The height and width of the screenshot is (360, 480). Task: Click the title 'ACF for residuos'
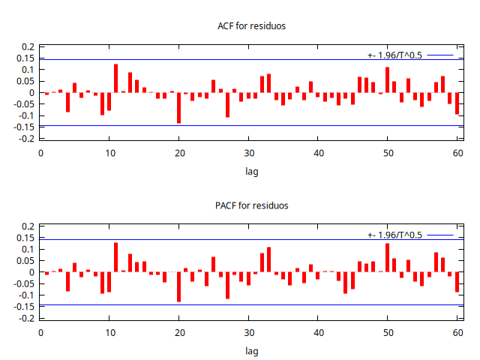click(251, 26)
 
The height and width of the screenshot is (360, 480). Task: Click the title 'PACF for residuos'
click(251, 205)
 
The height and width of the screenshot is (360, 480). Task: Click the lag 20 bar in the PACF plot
click(178, 286)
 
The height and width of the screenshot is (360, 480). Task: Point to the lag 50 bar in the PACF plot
click(388, 258)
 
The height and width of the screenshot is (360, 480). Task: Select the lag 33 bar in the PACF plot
click(268, 259)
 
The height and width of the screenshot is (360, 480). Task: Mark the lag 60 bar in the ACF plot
click(457, 103)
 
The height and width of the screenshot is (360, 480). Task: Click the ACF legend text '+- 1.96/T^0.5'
click(394, 55)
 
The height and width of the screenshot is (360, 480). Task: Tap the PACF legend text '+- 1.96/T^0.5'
click(394, 235)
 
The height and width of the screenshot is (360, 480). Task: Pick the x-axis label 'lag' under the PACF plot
click(251, 350)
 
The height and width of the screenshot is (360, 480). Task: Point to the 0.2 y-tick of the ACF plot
click(28, 47)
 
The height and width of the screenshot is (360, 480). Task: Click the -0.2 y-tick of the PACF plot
click(27, 318)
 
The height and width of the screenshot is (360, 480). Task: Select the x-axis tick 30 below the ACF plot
click(248, 153)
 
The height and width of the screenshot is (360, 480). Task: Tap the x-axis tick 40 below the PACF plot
click(318, 332)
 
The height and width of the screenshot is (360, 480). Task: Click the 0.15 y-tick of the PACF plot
click(26, 238)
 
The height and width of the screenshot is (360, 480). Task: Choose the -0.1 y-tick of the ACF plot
click(27, 116)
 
